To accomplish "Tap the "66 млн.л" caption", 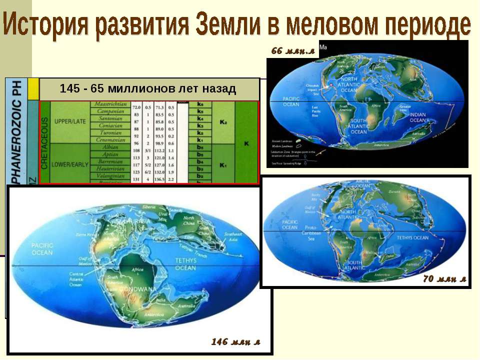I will (292, 50).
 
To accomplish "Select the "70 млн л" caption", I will (444, 279).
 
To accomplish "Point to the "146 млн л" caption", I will (235, 341).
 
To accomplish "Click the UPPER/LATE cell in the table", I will (69, 121).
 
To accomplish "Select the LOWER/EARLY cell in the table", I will (69, 163).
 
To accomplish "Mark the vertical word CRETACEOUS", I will (44, 142).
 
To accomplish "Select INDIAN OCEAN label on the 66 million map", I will (417, 117).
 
